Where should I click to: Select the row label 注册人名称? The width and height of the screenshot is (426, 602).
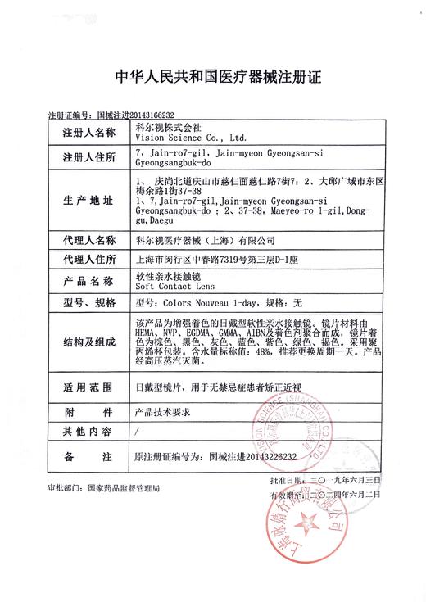click(x=84, y=132)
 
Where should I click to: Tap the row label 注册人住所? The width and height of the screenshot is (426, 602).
click(x=84, y=157)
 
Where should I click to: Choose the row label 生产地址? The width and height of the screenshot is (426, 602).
click(x=84, y=201)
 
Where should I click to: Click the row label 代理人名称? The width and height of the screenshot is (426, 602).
click(x=84, y=241)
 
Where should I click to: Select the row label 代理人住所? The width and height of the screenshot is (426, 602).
click(x=84, y=260)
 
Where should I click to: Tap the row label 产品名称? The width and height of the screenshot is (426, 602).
click(x=84, y=282)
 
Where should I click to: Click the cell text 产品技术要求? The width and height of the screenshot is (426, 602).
click(x=161, y=411)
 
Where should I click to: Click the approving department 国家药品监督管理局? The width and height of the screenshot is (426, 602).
click(x=124, y=490)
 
